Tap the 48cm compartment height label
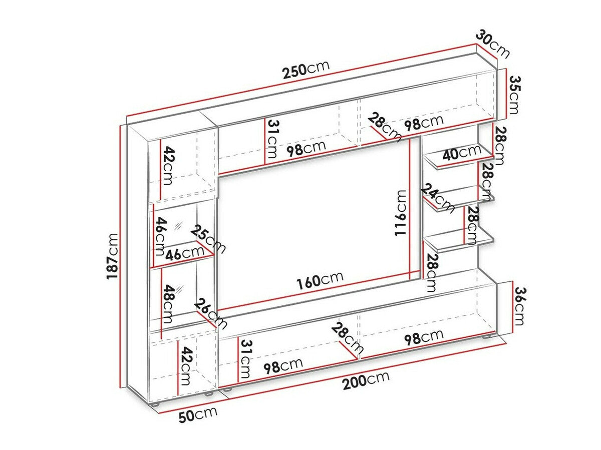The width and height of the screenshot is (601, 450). point(168,304)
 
